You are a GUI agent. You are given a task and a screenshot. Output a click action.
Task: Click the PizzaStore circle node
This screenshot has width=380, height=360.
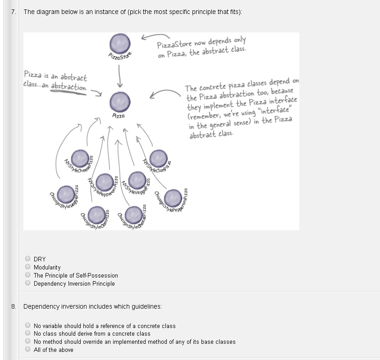click(120, 44)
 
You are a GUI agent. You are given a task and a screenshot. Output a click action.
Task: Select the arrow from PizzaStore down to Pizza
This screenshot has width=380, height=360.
click(120, 75)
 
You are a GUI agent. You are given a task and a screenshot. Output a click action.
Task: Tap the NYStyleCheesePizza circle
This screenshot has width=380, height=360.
click(80, 158)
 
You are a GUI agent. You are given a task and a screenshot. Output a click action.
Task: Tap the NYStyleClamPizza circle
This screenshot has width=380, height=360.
click(158, 158)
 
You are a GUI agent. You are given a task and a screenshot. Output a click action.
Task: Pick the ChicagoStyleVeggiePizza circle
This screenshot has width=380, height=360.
click(66, 194)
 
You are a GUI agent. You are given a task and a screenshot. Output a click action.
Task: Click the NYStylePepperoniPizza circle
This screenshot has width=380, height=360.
click(105, 181)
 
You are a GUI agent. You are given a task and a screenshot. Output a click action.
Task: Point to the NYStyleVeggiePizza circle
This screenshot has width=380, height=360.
click(137, 180)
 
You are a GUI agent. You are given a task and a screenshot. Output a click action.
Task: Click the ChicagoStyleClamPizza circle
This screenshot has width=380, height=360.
click(96, 213)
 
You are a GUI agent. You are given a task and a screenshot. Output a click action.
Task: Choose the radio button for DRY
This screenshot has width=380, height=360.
click(28, 259)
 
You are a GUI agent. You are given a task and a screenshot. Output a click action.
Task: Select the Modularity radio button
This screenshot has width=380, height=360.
click(28, 267)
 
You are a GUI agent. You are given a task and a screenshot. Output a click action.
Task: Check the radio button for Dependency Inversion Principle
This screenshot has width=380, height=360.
click(28, 283)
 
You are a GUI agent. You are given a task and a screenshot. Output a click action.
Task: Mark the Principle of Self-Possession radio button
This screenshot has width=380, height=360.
click(28, 275)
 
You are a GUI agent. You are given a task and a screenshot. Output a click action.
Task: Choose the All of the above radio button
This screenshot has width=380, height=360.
click(28, 349)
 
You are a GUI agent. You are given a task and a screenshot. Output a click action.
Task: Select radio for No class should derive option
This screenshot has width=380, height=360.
click(28, 333)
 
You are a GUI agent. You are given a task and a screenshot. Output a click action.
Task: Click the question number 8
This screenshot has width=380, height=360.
click(14, 306)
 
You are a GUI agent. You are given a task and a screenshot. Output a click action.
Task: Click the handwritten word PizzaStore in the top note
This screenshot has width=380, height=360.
click(173, 45)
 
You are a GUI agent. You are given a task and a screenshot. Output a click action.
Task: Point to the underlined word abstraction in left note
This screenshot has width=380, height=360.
click(68, 87)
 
